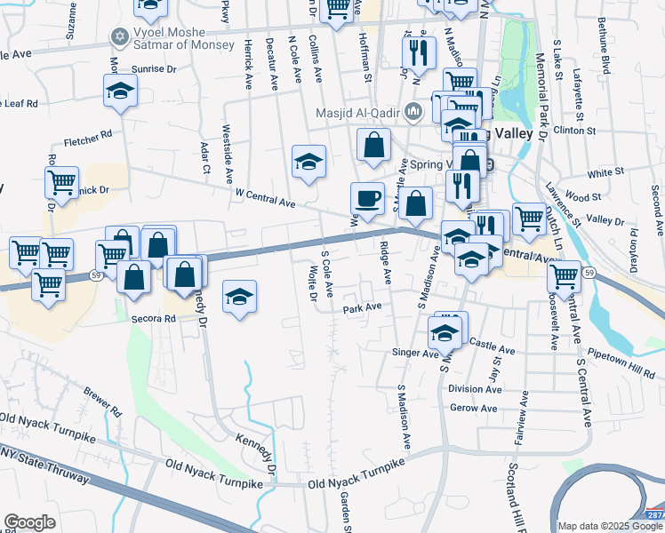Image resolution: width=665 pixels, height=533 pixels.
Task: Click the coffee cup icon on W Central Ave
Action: (x=367, y=198)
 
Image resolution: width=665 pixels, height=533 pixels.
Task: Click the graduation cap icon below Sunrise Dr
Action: (x=120, y=91)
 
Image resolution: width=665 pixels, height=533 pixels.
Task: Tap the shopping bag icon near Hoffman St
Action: (x=374, y=145)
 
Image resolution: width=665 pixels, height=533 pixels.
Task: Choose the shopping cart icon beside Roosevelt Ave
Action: (x=564, y=276)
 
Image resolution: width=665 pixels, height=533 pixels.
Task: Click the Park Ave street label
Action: (x=363, y=308)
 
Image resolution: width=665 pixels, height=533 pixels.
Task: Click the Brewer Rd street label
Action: (x=102, y=402)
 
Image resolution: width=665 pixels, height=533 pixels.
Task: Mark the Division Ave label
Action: (x=475, y=389)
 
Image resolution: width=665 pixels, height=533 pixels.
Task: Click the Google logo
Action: (x=29, y=522)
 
